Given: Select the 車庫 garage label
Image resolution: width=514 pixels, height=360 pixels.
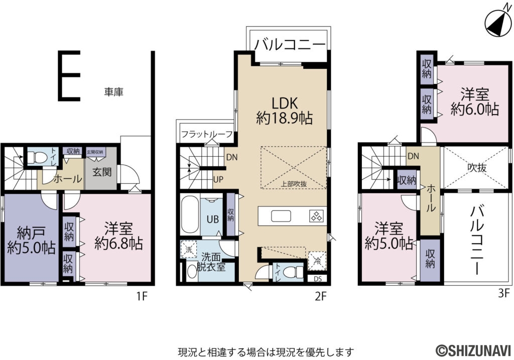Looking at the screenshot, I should pyautogui.click(x=114, y=92).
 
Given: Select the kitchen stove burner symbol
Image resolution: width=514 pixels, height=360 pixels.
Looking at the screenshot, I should pyautogui.click(x=317, y=216).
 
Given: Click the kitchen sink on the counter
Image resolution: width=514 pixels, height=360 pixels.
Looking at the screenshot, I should pyautogui.click(x=281, y=216).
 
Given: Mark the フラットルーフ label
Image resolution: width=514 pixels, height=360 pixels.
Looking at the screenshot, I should pyautogui.click(x=207, y=134).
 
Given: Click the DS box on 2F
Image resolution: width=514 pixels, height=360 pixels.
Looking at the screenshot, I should pyautogui.click(x=318, y=279).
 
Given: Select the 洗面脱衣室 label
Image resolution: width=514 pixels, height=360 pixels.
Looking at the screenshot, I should pyautogui.click(x=211, y=261).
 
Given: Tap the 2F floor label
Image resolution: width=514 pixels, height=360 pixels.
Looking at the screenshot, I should pyautogui.click(x=321, y=296).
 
